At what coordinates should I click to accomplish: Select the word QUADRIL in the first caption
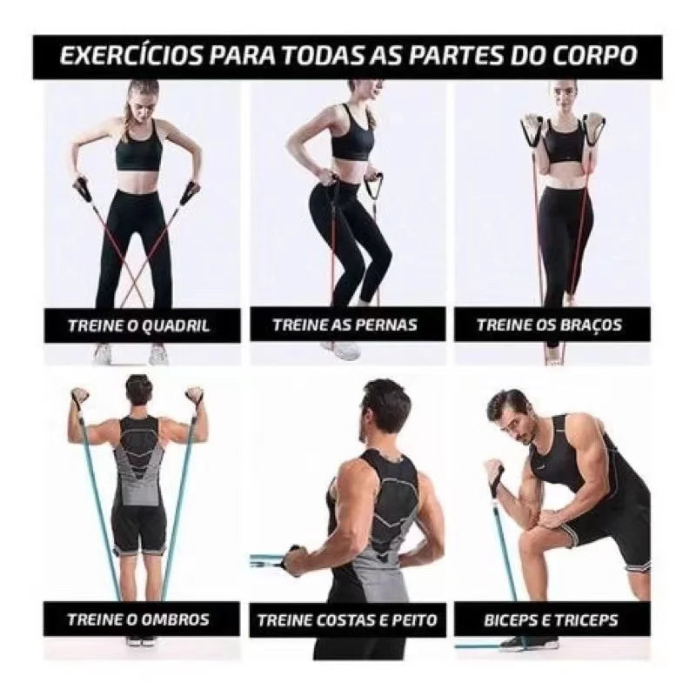[175, 326]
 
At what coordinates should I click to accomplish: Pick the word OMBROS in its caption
[175, 619]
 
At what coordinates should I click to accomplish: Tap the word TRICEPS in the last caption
[588, 619]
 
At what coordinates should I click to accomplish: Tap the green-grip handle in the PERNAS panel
[373, 185]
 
